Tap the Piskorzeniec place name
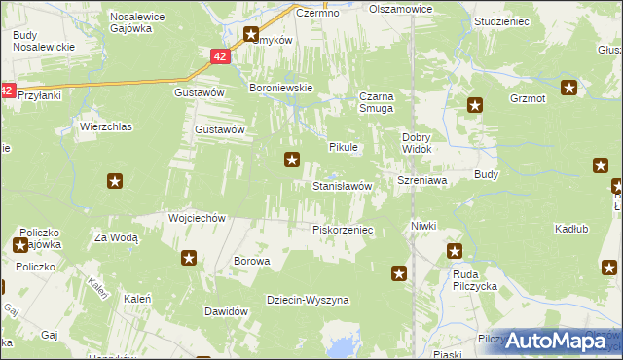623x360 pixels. pyautogui.click(x=342, y=230)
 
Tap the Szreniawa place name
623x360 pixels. pyautogui.click(x=421, y=181)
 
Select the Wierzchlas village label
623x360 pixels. pyautogui.click(x=105, y=127)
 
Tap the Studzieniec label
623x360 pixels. pyautogui.click(x=500, y=19)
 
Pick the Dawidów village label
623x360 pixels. pyautogui.click(x=221, y=311)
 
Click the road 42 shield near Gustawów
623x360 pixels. pyautogui.click(x=222, y=57)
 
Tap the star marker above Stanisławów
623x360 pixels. pyautogui.click(x=291, y=160)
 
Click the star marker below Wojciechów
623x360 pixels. pyautogui.click(x=189, y=258)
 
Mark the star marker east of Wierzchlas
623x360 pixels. pyautogui.click(x=115, y=180)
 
